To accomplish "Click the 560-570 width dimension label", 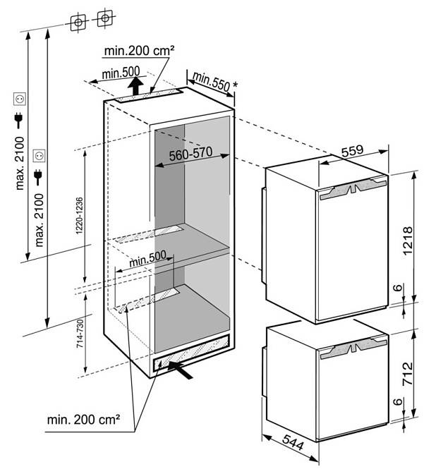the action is (x=190, y=154).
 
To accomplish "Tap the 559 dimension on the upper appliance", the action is (x=352, y=150).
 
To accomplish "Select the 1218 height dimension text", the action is (x=407, y=241).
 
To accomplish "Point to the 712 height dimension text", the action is (x=407, y=373).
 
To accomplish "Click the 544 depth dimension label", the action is (x=293, y=442).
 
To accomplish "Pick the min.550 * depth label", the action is (x=214, y=82).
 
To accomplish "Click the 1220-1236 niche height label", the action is (x=79, y=216).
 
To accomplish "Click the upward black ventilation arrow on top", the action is (x=135, y=86).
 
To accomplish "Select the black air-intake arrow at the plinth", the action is (x=180, y=370).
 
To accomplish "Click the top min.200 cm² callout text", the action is (x=139, y=51).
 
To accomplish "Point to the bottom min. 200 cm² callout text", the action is (x=83, y=420).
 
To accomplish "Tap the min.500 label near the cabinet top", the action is (x=121, y=73).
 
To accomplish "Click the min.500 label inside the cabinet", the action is (x=148, y=258).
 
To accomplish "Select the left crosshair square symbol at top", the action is (x=78, y=23).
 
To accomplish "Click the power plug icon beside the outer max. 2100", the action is (x=19, y=120).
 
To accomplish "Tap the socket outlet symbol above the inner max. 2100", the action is (x=39, y=156).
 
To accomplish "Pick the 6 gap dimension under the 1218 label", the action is (x=399, y=287).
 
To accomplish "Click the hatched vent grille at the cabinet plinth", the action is (x=191, y=353).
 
